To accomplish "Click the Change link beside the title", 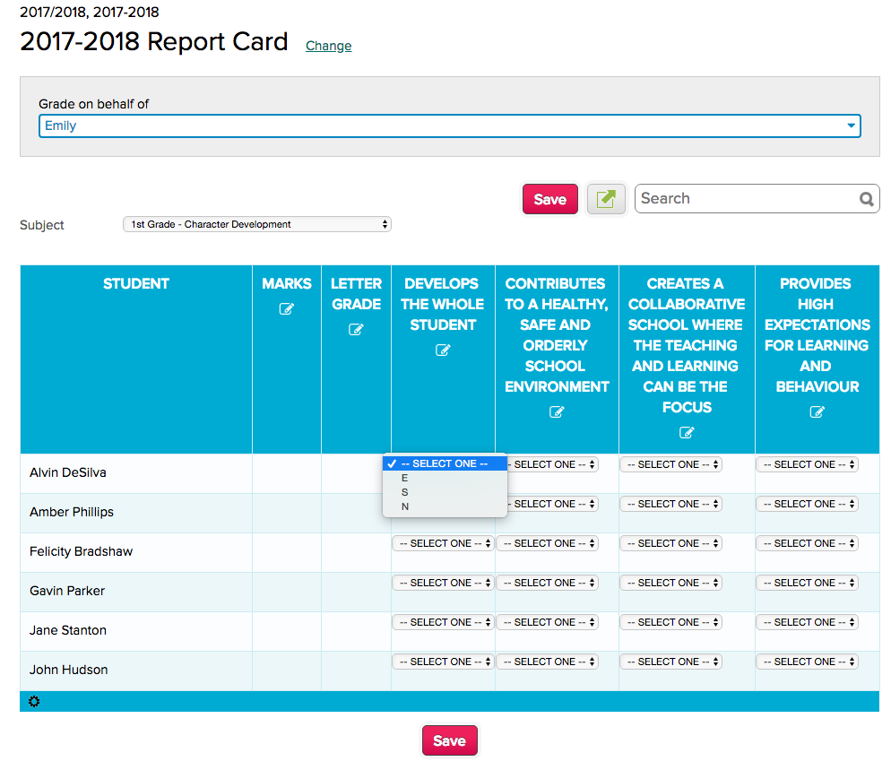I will (x=328, y=46).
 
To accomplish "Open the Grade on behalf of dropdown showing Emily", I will (x=449, y=125).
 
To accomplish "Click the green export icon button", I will (x=606, y=198).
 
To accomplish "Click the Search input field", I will (x=744, y=199).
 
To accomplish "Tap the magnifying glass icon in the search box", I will (x=866, y=199).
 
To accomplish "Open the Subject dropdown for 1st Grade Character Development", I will (x=256, y=224).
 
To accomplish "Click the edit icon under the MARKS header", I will (x=286, y=308).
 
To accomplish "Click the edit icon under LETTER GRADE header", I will (x=356, y=329).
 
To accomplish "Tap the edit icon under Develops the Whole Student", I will (x=442, y=350).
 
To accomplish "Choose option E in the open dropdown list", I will (x=405, y=478).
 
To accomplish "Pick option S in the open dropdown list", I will (x=405, y=492).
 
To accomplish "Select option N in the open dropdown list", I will (x=405, y=506).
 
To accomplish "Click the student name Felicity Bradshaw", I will (x=81, y=551).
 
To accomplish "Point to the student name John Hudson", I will (x=68, y=670).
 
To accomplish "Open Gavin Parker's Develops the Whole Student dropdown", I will (x=443, y=583).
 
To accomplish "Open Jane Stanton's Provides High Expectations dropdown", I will (x=807, y=622).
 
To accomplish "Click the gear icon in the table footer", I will (x=34, y=701).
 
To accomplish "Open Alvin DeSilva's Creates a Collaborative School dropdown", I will (x=670, y=464).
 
